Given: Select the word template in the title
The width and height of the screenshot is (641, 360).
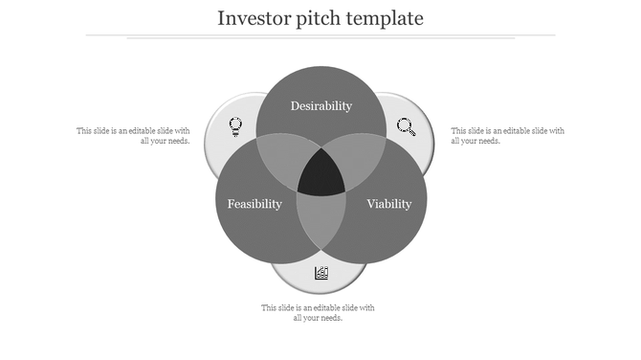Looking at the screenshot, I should (386, 18).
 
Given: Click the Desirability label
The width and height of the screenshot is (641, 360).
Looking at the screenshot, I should (321, 105).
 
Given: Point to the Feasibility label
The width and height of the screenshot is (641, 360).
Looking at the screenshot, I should (254, 204).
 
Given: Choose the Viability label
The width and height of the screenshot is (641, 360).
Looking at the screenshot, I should (389, 204).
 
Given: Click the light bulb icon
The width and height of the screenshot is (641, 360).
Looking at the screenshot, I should (234, 125).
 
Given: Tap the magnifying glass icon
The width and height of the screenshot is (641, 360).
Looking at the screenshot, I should (407, 126).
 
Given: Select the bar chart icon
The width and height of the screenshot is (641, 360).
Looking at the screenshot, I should (321, 273).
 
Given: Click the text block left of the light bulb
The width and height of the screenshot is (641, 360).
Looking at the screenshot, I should (133, 135).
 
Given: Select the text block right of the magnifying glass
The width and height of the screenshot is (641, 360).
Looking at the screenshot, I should (507, 135).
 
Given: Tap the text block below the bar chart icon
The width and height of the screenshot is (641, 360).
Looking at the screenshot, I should (318, 312).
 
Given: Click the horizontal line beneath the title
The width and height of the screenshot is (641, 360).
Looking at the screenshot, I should (320, 35).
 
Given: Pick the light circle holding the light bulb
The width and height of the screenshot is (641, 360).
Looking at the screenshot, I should (228, 115).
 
